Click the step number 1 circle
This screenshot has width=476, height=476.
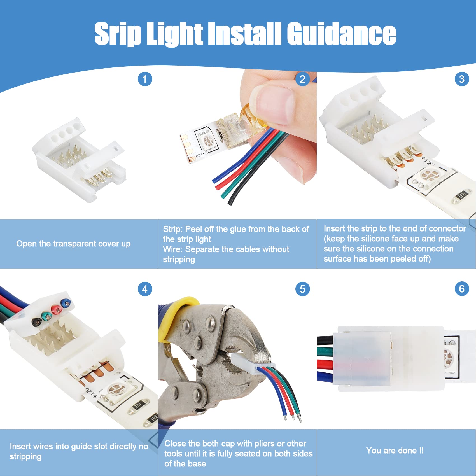tap(145, 79)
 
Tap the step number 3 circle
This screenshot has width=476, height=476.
tap(462, 79)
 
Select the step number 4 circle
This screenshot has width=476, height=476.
tap(145, 289)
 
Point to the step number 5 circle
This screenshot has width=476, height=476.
tap(302, 289)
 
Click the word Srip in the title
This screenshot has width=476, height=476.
tap(118, 34)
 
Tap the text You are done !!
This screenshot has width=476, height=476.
tap(395, 451)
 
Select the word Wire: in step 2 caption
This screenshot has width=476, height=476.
tap(173, 249)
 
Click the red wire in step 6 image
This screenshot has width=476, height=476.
tap(325, 365)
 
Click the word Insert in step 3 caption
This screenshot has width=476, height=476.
tap(334, 228)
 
